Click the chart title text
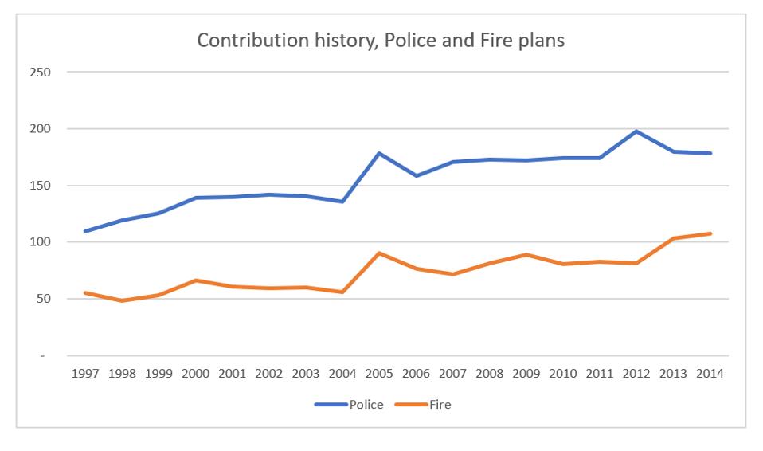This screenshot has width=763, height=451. tap(381, 42)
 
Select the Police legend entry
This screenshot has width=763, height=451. tap(366, 405)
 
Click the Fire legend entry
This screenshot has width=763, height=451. tap(440, 405)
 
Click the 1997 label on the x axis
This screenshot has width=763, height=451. tap(85, 375)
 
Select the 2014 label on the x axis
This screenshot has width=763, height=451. tap(710, 375)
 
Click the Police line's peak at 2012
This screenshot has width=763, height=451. tap(636, 131)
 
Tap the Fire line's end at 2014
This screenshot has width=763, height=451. tap(710, 233)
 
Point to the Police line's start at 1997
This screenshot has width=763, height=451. tap(85, 231)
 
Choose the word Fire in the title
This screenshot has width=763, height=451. tap(501, 42)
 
